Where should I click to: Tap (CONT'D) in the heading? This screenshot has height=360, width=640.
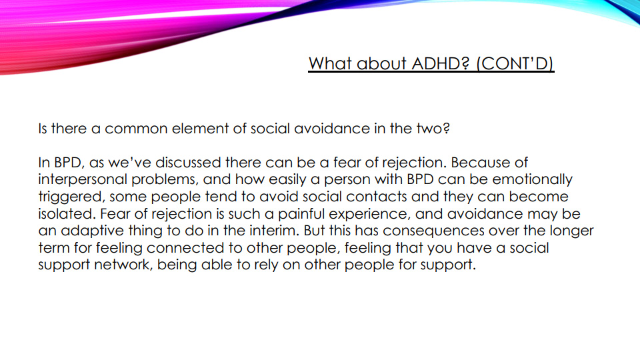click(515, 64)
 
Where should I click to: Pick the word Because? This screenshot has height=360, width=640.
click(479, 163)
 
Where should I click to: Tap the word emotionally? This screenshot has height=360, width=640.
click(532, 180)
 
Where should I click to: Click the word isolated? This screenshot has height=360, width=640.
click(67, 214)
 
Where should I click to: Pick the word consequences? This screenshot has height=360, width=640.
click(433, 231)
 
